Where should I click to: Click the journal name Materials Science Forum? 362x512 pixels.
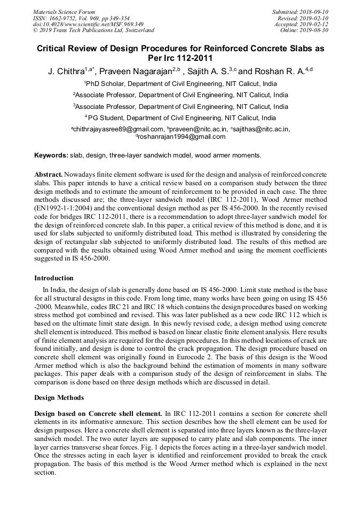pyautogui.click(x=64, y=12)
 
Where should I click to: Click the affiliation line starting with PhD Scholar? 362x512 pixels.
pyautogui.click(x=180, y=84)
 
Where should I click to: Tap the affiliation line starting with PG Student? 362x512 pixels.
pyautogui.click(x=180, y=118)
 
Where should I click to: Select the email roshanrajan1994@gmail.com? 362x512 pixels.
pyautogui.click(x=182, y=137)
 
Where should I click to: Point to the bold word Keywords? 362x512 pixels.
pyautogui.click(x=51, y=155)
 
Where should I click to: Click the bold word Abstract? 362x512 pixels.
pyautogui.click(x=49, y=175)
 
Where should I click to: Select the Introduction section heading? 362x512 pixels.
pyautogui.click(x=53, y=278)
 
